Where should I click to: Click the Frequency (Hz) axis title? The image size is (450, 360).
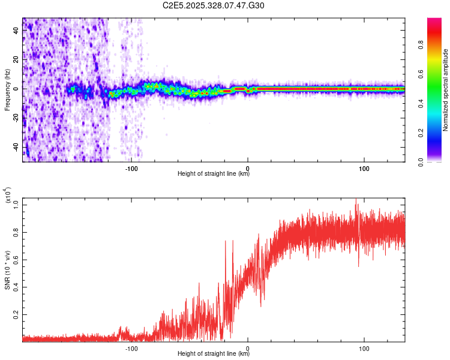[x=7, y=90]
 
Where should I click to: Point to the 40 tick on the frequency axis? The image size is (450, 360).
[x=16, y=31]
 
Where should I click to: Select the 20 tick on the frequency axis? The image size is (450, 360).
[x=16, y=60]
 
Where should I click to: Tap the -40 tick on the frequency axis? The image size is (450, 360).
[x=16, y=146]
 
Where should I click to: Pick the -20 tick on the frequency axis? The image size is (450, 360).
[x=16, y=118]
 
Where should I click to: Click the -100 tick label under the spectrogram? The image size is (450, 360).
[x=131, y=169]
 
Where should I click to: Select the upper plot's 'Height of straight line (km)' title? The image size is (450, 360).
[x=214, y=174]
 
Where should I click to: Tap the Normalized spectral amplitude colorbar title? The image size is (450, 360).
[x=446, y=90]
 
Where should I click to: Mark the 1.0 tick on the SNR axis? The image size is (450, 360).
[x=16, y=204]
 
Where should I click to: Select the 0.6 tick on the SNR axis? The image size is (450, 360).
[x=16, y=259]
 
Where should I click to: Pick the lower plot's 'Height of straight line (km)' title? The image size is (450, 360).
[x=214, y=354]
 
